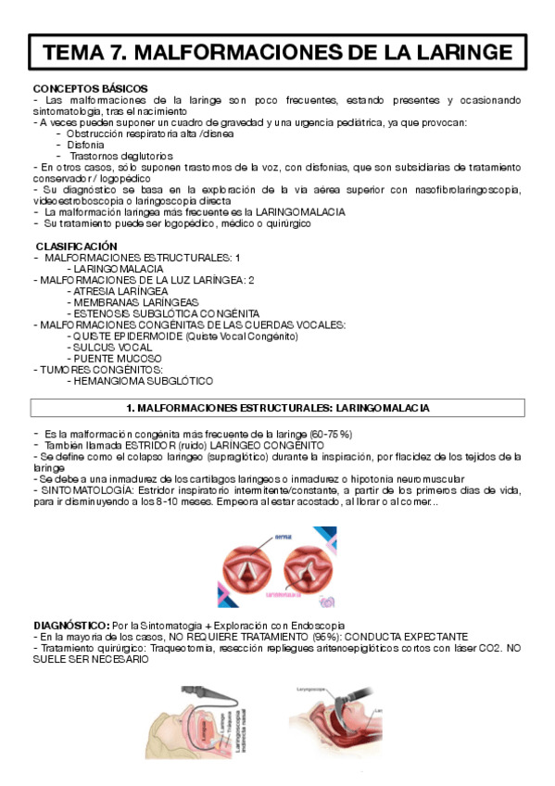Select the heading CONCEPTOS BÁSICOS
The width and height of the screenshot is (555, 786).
[77, 88]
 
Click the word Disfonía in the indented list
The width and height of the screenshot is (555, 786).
[86, 145]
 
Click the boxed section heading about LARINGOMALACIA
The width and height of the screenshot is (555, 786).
[278, 408]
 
